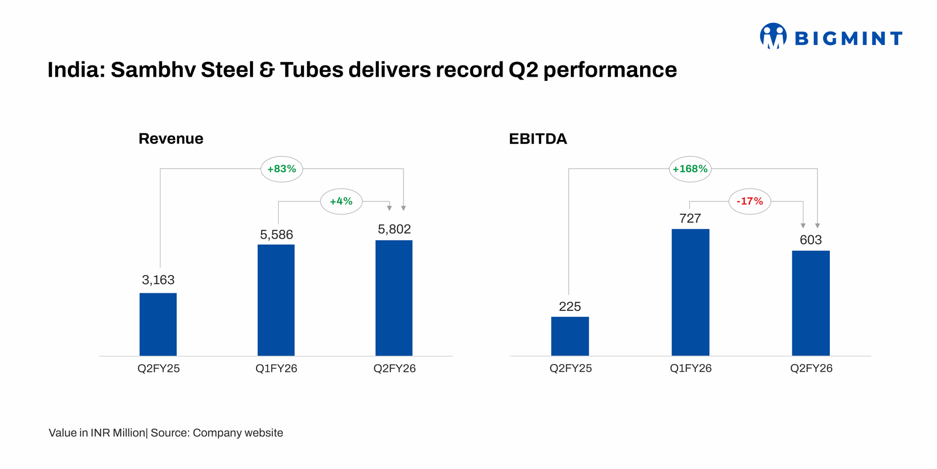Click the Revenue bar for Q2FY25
(x=158, y=324)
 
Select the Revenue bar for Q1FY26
(x=276, y=300)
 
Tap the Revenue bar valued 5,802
(x=394, y=297)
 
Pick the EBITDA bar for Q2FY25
(x=570, y=336)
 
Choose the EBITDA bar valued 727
(x=690, y=292)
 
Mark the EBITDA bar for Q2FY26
(x=811, y=303)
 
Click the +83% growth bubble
(x=282, y=169)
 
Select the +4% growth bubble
(x=341, y=201)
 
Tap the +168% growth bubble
(x=690, y=169)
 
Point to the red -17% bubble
(x=750, y=201)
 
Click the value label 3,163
(x=158, y=280)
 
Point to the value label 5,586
(x=276, y=235)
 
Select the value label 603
(x=811, y=240)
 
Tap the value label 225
(x=570, y=307)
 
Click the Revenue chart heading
(x=171, y=139)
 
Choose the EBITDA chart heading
(x=538, y=139)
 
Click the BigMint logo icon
(x=773, y=36)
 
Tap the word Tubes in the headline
(x=312, y=70)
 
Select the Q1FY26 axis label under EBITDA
(x=690, y=368)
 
